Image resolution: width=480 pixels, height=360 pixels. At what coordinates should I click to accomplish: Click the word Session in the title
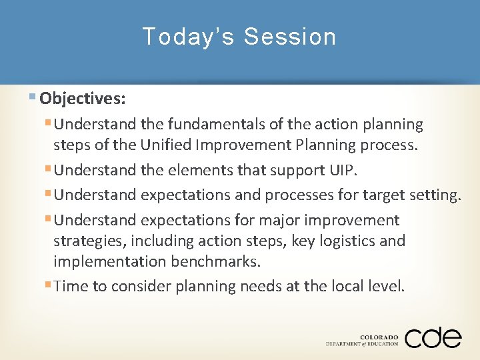pyautogui.click(x=289, y=37)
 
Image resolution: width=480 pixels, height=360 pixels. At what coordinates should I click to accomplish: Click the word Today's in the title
pyautogui.click(x=188, y=37)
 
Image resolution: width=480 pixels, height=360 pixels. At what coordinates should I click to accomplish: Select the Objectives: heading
pyautogui.click(x=83, y=99)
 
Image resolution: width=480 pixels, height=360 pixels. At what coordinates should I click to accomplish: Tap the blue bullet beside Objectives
pyautogui.click(x=33, y=97)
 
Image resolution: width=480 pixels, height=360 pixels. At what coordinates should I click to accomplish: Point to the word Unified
pyautogui.click(x=165, y=145)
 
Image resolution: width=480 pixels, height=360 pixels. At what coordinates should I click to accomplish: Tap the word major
pyautogui.click(x=279, y=221)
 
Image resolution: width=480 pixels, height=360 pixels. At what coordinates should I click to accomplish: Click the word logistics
pyautogui.click(x=347, y=241)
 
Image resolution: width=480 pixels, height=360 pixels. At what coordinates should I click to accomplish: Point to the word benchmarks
pyautogui.click(x=215, y=261)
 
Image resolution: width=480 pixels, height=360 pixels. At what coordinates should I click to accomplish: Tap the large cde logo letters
pyautogui.click(x=433, y=337)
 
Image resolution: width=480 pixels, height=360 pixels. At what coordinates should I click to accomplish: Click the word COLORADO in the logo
pyautogui.click(x=379, y=337)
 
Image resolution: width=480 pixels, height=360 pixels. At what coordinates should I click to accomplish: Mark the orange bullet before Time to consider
pyautogui.click(x=47, y=285)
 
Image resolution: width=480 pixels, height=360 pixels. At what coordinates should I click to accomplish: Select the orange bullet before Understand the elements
pyautogui.click(x=47, y=169)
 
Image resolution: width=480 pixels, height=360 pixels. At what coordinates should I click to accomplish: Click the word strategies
pyautogui.click(x=90, y=241)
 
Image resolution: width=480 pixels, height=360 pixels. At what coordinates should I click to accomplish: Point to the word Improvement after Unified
pyautogui.click(x=244, y=145)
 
